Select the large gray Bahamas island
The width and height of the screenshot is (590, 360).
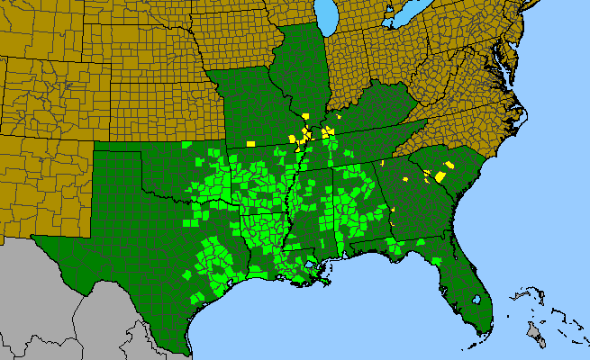coord(537,335)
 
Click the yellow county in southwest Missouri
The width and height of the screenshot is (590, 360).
coord(250,142)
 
